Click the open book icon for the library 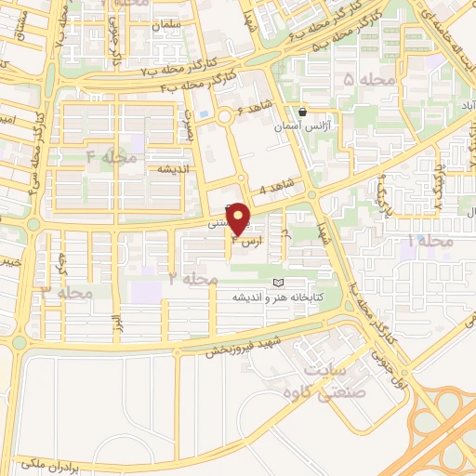coord(276,283)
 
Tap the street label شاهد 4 coord(275,190)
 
